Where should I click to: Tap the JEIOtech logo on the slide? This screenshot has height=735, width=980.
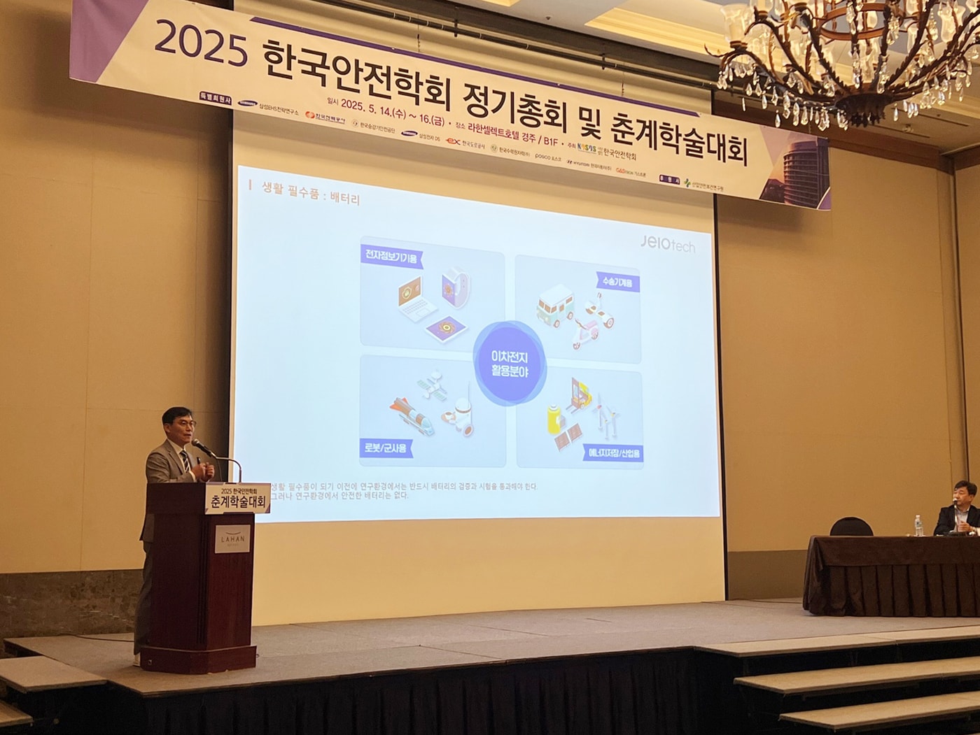point(667,243)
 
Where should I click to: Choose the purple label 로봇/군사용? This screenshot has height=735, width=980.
point(384,448)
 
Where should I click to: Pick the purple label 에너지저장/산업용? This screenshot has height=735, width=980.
point(612,453)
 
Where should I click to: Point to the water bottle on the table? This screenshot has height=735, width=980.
point(918,525)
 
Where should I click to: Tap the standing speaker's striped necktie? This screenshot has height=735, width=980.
point(185,462)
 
